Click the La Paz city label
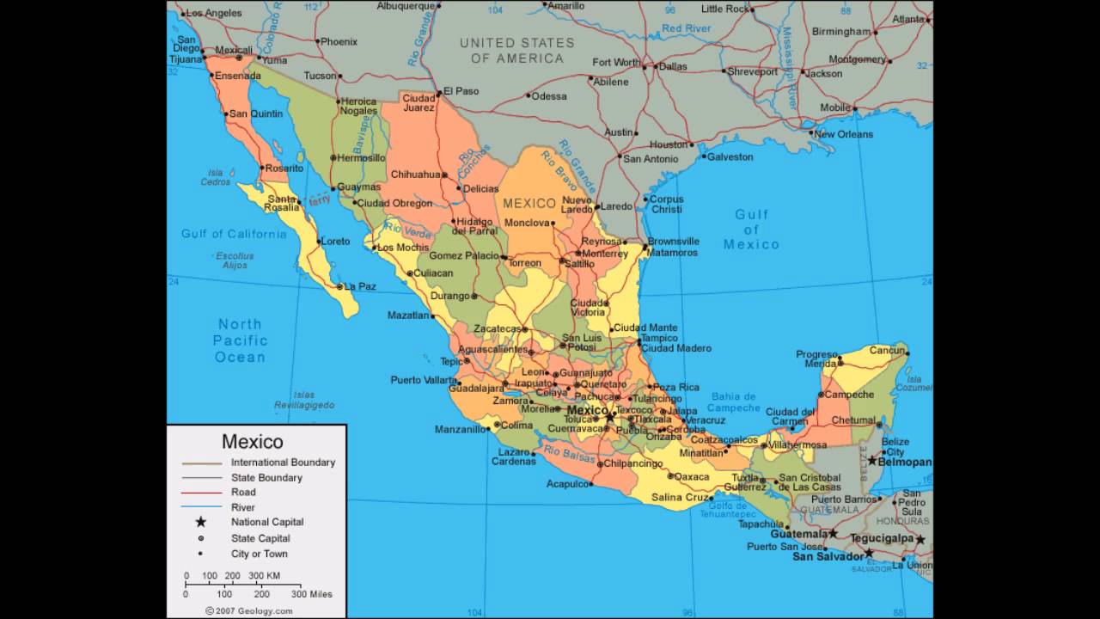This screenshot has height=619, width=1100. coord(360,286)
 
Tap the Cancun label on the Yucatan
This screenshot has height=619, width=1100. coord(887,350)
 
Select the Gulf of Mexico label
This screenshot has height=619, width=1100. coord(751,230)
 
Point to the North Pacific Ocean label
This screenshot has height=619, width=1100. coord(240,340)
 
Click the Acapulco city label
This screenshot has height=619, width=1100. coord(568,484)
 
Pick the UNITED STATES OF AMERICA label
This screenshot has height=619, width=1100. coord(517,51)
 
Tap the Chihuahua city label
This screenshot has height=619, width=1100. coord(416,175)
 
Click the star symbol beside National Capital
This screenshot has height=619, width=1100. coord(201,522)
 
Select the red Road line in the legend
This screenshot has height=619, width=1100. coord(201,493)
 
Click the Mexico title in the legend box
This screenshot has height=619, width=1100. coord(253,442)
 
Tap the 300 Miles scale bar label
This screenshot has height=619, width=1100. coord(311,594)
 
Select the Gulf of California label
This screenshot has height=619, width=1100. coord(234,234)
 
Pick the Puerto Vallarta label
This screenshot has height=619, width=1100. coord(424,380)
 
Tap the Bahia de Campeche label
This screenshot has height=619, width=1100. coord(733,401)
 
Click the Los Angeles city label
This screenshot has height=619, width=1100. coord(214,13)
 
